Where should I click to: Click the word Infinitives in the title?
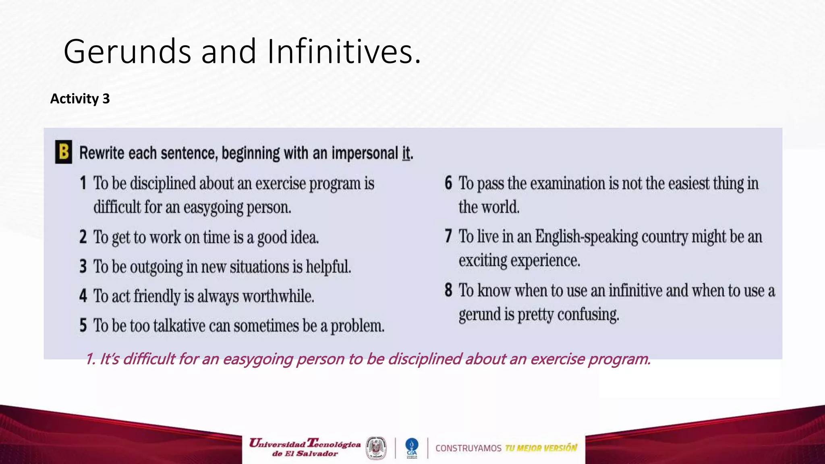pos(344,52)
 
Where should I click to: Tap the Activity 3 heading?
pos(80,99)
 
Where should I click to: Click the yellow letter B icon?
pos(64,152)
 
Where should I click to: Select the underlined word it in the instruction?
pos(406,153)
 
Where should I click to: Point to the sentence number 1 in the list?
pos(83,183)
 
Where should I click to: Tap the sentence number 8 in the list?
pos(448,290)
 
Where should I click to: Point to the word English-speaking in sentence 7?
pos(587,237)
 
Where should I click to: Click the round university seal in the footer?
pos(376,448)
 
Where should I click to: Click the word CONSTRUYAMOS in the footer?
pos(468,448)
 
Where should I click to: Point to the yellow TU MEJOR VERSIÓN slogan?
pos(541,448)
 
